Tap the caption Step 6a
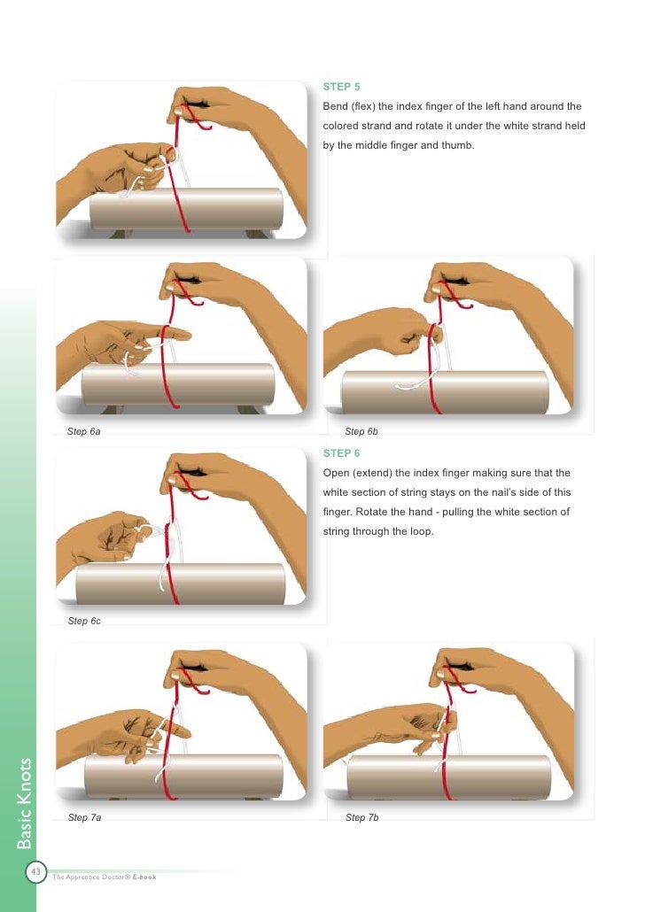coord(84,431)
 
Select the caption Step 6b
coord(361,431)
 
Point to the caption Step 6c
coord(84,621)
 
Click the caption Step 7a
coord(84,817)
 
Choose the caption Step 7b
coord(361,817)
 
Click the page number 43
coord(36,872)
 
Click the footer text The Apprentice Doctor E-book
coord(105,877)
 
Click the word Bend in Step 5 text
coord(335,106)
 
